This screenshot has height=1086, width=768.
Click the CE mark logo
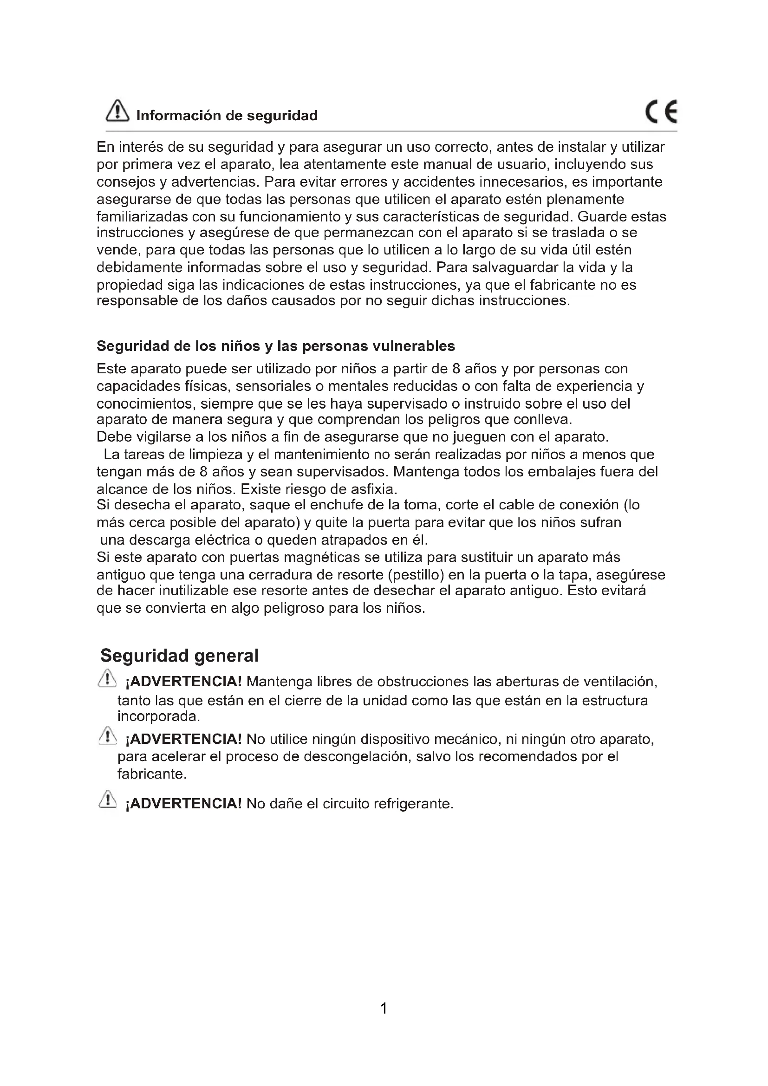661,112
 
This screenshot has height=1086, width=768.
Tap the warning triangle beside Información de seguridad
117,111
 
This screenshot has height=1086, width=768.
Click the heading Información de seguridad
227,116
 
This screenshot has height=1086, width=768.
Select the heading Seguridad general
179,656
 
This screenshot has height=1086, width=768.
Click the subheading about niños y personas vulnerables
276,346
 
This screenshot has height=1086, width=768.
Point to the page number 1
384,1008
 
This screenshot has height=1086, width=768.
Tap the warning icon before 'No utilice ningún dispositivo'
107,736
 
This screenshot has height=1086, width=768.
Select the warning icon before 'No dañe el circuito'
107,800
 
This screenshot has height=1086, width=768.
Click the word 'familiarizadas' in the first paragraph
142,217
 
